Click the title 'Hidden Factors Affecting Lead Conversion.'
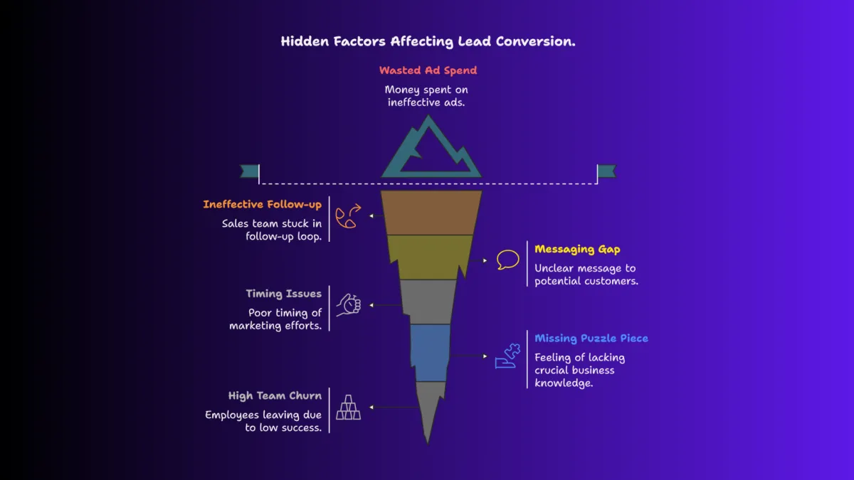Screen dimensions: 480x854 (x=428, y=41)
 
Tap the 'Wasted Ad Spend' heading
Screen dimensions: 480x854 (x=428, y=70)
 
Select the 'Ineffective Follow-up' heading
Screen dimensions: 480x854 (x=262, y=205)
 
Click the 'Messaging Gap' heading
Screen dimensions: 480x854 (x=577, y=249)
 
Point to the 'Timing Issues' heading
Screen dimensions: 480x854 (x=283, y=294)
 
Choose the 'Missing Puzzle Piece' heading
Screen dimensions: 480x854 (x=591, y=338)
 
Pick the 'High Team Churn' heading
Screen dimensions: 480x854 (x=275, y=396)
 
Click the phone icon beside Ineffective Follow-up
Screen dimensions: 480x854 (x=348, y=215)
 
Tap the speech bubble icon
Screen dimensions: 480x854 (x=507, y=260)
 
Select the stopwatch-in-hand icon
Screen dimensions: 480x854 (x=349, y=304)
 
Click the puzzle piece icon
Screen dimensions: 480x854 (x=507, y=356)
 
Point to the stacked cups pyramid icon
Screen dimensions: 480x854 (x=348, y=407)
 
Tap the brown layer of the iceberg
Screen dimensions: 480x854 (x=430, y=212)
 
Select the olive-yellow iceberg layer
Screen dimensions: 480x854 (x=430, y=256)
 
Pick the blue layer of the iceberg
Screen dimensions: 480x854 (x=431, y=351)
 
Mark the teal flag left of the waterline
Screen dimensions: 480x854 (x=249, y=171)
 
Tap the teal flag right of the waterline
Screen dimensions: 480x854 (x=606, y=171)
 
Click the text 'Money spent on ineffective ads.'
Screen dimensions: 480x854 (x=427, y=96)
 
